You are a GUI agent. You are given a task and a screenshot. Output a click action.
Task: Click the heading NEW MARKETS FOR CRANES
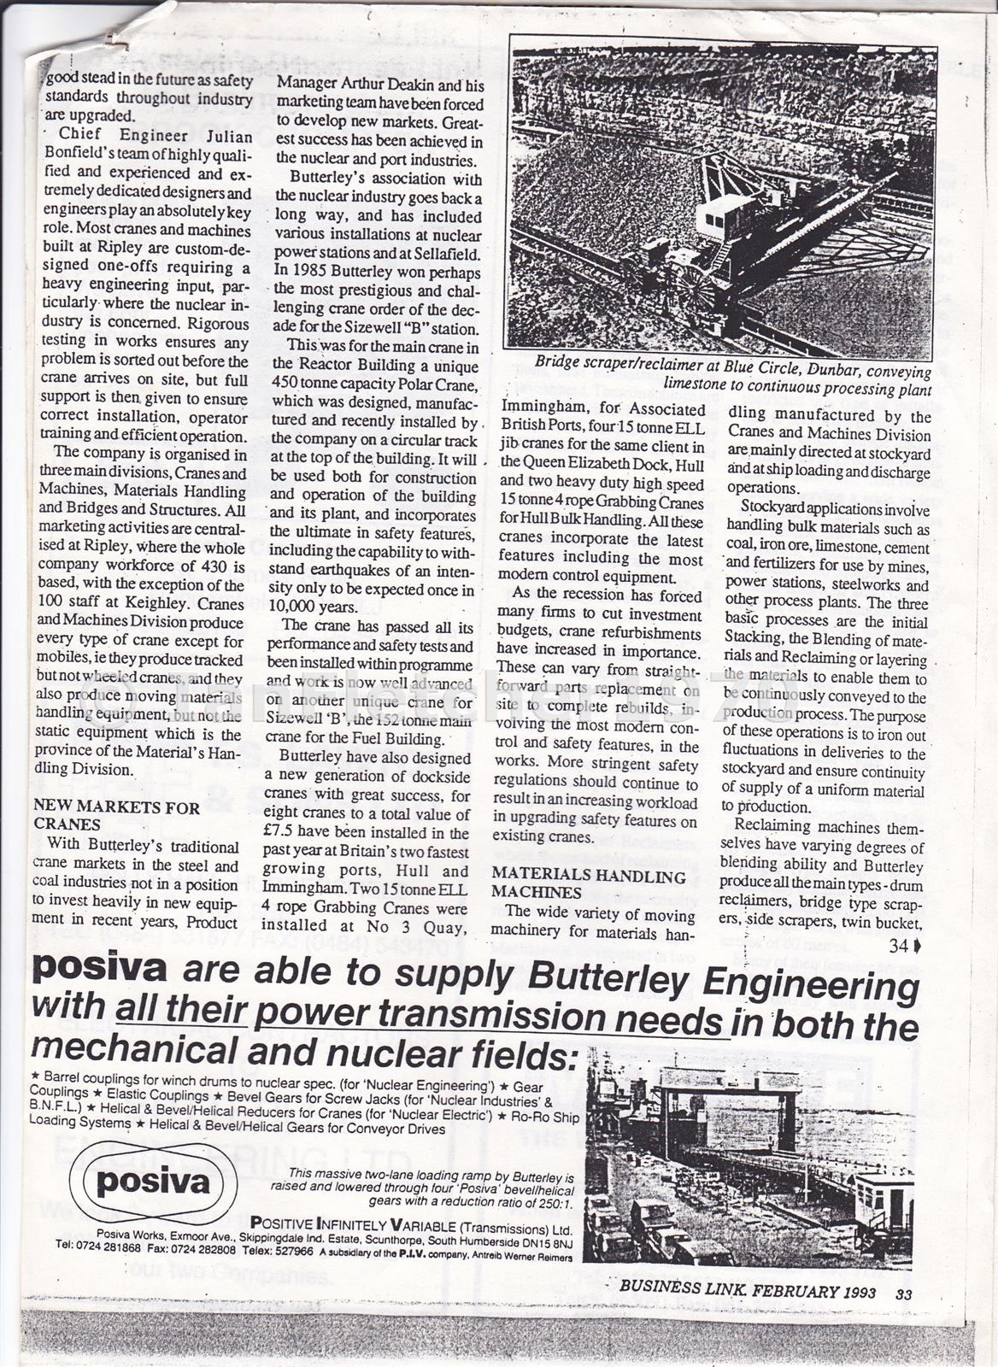[116, 816]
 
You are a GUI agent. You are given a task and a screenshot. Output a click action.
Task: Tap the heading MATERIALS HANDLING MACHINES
[590, 884]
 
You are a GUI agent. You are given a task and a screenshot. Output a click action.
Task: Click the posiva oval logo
[152, 1182]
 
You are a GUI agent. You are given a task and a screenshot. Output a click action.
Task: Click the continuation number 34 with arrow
[903, 946]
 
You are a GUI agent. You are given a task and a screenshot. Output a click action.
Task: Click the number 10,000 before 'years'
[298, 607]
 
